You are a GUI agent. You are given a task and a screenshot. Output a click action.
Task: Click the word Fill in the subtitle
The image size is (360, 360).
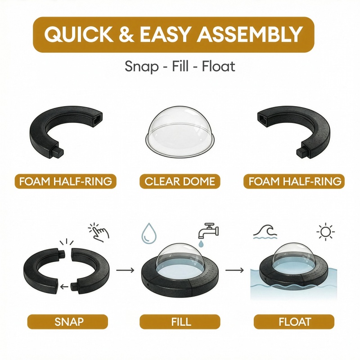pos(180,66)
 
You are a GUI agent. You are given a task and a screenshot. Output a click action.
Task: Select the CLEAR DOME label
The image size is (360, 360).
pos(180,181)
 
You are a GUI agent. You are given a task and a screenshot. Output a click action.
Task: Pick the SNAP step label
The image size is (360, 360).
pos(67,321)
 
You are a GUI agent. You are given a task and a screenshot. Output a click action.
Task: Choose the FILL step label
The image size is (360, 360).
pos(180,321)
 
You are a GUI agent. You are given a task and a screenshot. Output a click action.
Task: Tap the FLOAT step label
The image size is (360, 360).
pos(294,321)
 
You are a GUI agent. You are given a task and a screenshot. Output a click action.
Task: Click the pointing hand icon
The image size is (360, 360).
pos(99,232)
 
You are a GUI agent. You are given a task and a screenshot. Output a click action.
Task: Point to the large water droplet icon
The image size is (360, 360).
pos(149,233)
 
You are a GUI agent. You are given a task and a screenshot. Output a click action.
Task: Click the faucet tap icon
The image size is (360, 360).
pos(208,231)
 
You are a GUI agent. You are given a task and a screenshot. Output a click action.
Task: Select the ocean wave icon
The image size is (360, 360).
pos(265,232)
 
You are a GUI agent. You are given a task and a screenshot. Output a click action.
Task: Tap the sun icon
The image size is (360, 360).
pos(325,232)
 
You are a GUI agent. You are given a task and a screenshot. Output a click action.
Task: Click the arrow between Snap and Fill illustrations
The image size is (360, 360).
pos(125,270)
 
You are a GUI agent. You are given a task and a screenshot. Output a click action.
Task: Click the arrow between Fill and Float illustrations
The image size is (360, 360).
pos(234,270)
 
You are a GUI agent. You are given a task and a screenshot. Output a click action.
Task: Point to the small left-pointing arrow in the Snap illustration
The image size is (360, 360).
pos(64,286)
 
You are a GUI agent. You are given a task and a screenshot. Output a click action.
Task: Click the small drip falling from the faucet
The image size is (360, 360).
pos(201,244)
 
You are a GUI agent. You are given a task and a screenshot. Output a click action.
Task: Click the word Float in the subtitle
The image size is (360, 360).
pos(219,66)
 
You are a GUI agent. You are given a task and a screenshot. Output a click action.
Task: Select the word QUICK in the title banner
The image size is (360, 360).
pos(79,35)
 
